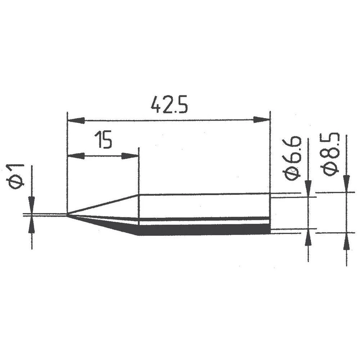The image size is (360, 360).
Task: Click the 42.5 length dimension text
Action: click(x=169, y=105)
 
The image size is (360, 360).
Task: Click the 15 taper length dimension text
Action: click(x=103, y=140)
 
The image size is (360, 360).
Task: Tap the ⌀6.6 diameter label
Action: click(x=292, y=158)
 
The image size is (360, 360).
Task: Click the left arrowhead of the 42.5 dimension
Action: click(x=76, y=120)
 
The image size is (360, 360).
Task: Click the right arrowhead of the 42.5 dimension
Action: click(x=261, y=120)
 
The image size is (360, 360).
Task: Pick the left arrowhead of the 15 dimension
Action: click(x=76, y=156)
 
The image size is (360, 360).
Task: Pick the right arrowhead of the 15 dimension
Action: click(x=130, y=156)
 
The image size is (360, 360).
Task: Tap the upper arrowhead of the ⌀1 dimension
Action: click(x=32, y=204)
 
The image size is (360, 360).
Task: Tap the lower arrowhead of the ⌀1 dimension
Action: click(x=32, y=225)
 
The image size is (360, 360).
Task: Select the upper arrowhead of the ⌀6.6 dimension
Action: click(x=308, y=188)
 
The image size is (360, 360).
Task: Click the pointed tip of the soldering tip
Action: click(x=68, y=215)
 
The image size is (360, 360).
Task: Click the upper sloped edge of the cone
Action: click(x=104, y=205)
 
